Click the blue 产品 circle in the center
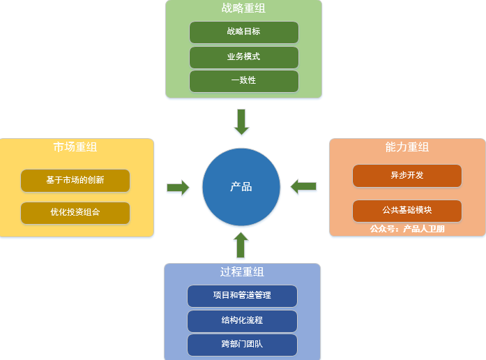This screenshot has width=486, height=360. (241, 187)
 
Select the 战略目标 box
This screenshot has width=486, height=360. (243, 32)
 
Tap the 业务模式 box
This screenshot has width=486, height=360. (243, 57)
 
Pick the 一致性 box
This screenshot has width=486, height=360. (243, 81)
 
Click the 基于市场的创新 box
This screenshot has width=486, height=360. (75, 180)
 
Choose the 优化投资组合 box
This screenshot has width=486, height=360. (75, 212)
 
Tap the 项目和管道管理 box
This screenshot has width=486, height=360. (242, 296)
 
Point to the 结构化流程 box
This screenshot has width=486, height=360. (242, 320)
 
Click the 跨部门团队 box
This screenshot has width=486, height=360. (242, 344)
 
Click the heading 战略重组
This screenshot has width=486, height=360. (243, 9)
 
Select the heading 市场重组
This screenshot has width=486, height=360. (75, 147)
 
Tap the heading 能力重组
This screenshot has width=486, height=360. (407, 147)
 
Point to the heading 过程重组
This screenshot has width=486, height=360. (242, 271)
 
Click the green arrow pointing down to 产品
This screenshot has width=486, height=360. (241, 121)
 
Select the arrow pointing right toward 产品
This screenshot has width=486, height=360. (179, 187)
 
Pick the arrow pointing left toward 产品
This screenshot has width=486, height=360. (303, 186)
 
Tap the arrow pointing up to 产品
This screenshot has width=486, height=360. (241, 245)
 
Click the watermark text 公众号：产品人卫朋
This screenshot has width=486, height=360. (407, 228)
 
